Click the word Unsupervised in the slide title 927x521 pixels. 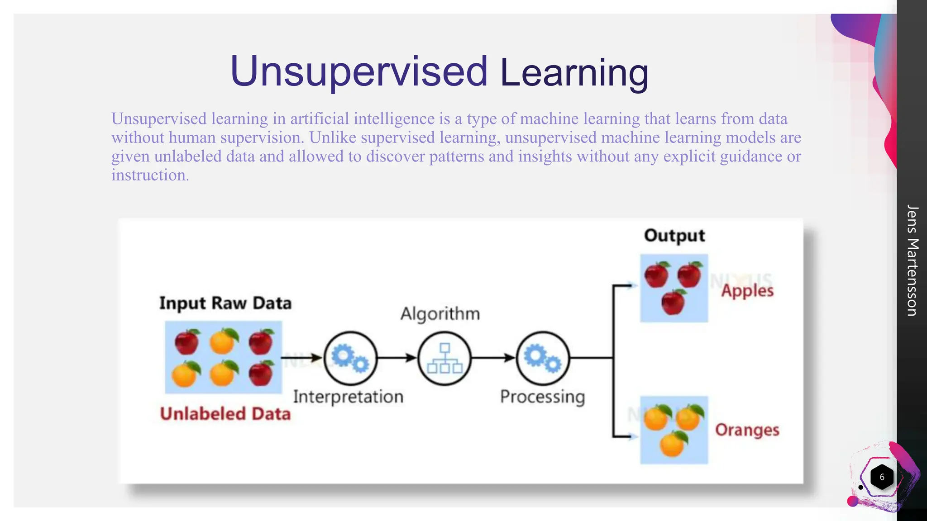[x=358, y=71]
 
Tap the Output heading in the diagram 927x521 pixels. [x=674, y=236]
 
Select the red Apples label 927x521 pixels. [x=747, y=290]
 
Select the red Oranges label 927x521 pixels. [x=747, y=430]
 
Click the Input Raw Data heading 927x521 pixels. [x=225, y=303]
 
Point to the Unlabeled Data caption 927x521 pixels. [x=225, y=414]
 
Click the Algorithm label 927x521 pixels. [x=440, y=313]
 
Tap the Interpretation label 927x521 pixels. [x=348, y=397]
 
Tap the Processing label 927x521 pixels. [x=542, y=397]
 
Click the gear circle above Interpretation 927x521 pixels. [x=350, y=358]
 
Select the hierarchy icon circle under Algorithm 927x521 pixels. [x=444, y=358]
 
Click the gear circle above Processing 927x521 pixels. [x=543, y=358]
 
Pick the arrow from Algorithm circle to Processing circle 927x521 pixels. [x=493, y=358]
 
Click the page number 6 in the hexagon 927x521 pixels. [x=882, y=477]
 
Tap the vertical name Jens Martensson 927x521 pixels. [x=912, y=260]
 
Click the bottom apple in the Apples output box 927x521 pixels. [x=673, y=302]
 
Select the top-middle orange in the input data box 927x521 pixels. [x=223, y=341]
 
